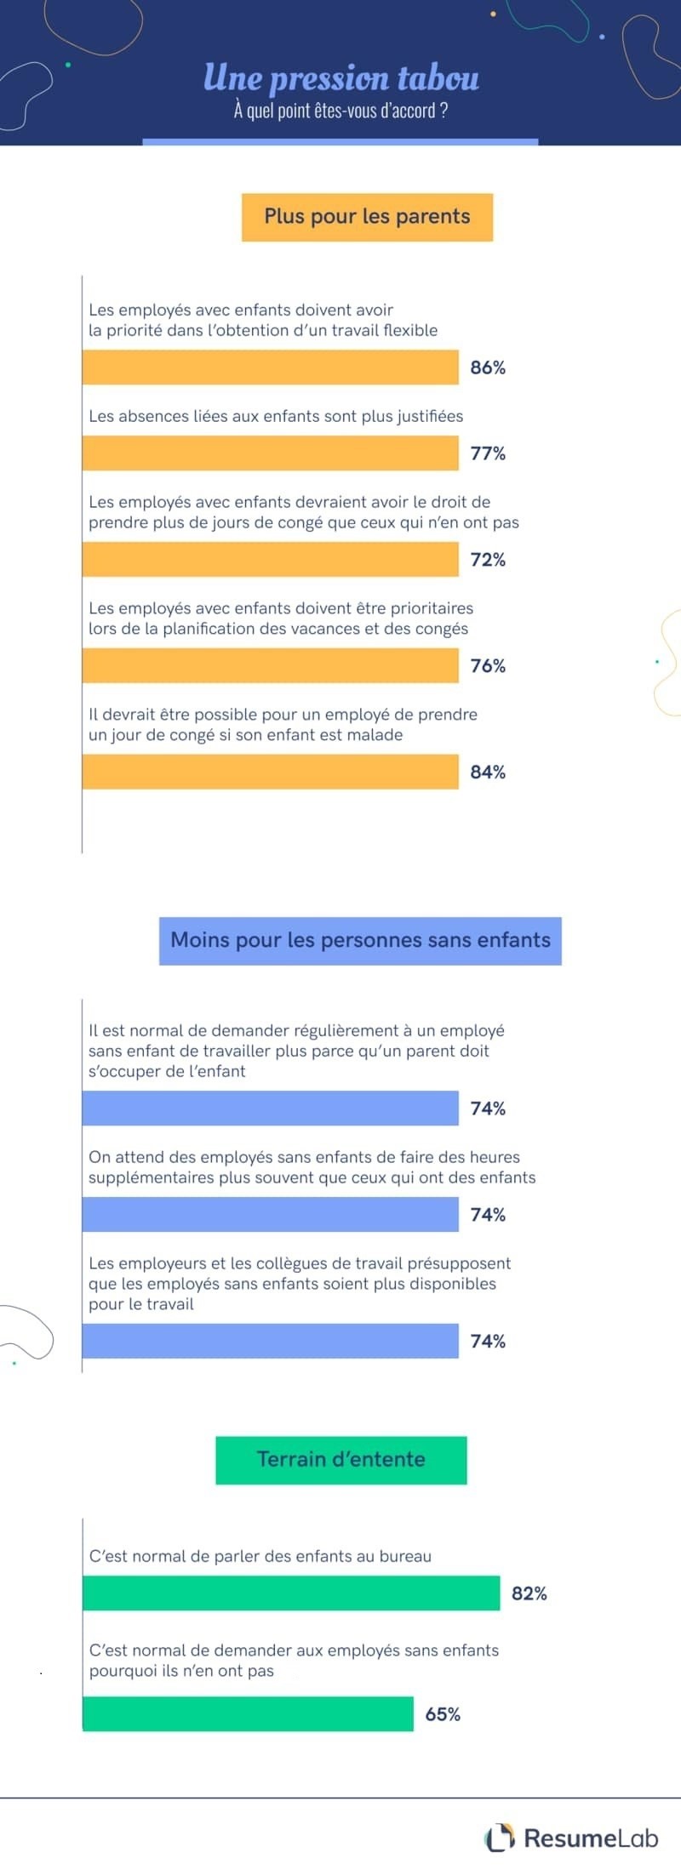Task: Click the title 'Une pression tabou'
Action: [x=340, y=78]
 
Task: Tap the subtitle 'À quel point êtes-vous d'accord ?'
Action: [x=340, y=111]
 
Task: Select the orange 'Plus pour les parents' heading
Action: [x=367, y=217]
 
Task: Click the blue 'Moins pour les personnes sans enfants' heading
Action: [x=360, y=940]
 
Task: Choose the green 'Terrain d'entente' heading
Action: [x=340, y=1460]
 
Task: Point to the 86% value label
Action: [x=488, y=368]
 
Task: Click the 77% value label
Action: [x=488, y=453]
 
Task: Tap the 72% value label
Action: [x=488, y=560]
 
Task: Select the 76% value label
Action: [x=488, y=666]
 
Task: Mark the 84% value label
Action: [x=488, y=772]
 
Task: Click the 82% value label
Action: [x=529, y=1593]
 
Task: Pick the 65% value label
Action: [x=443, y=1714]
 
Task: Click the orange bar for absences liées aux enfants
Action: [x=270, y=453]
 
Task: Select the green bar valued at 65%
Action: [x=248, y=1714]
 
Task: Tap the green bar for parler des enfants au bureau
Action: [x=290, y=1593]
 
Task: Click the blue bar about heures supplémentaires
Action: [x=270, y=1215]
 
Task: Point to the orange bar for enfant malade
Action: [x=270, y=772]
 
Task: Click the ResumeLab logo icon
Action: [x=500, y=1838]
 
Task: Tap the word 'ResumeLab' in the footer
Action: [x=591, y=1838]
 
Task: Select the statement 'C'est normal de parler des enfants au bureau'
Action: [x=260, y=1556]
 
